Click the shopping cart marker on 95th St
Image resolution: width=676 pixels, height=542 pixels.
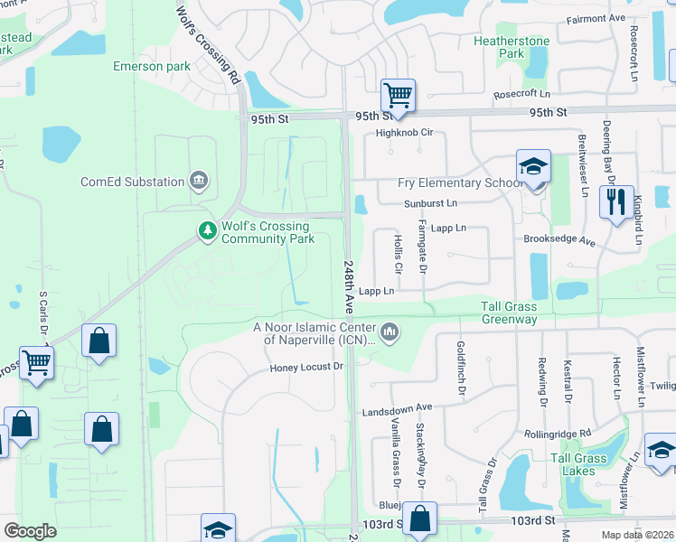point(398,95)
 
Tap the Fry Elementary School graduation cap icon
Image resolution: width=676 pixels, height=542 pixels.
point(533,167)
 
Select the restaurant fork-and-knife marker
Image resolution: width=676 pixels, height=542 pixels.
point(616,202)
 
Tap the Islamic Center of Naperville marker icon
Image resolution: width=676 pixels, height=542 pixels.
point(390,333)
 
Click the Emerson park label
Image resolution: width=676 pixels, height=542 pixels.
point(152,66)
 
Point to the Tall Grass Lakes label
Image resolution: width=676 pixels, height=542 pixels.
point(578,465)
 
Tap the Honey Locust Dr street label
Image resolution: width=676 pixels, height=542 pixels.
point(307,367)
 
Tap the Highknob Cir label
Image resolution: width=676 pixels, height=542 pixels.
point(406,133)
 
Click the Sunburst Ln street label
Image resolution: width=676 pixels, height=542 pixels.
point(431,203)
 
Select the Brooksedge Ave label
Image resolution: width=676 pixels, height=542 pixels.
point(559,242)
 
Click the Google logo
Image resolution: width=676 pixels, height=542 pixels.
point(30,530)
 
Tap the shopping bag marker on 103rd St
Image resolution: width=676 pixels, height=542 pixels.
point(419,519)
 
